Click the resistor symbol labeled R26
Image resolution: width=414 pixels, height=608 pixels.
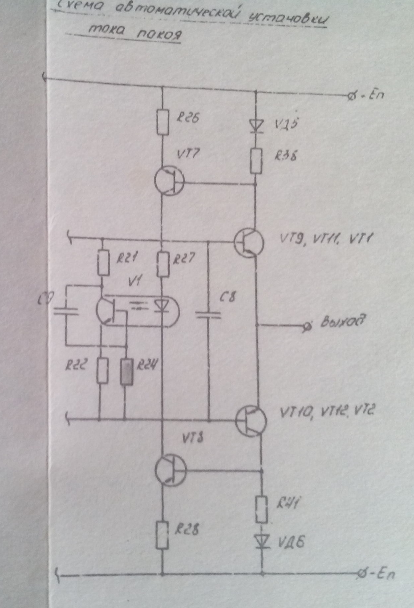coord(163,121)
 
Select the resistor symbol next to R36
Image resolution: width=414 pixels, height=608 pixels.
coord(256,161)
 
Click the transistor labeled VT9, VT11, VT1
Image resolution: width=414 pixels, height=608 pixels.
coord(249,243)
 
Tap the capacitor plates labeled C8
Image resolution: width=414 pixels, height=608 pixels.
coord(208,315)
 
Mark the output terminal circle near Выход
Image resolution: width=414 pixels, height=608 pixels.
coord(307,327)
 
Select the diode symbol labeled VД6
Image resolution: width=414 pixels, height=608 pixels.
coord(262,541)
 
